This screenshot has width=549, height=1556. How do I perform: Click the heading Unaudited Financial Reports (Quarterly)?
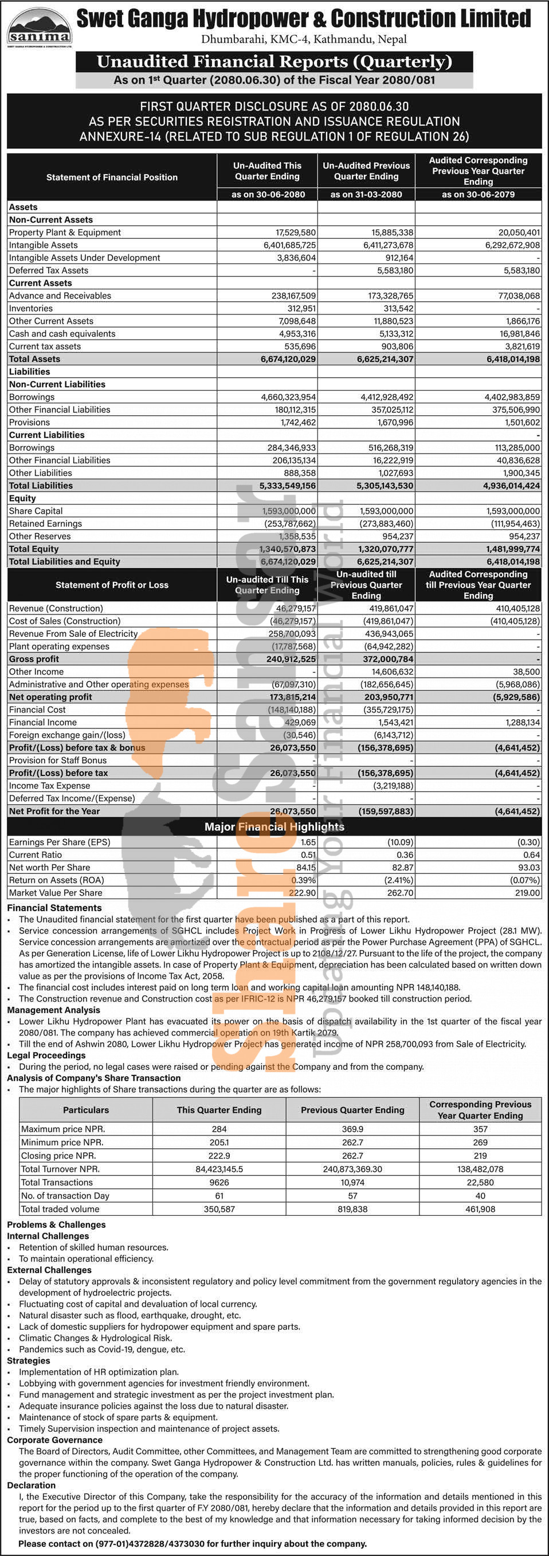(x=274, y=62)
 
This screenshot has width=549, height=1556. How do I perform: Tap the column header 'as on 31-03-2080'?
(x=366, y=195)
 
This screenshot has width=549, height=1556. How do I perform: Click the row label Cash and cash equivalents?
(x=62, y=333)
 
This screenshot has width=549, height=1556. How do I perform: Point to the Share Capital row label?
(x=36, y=511)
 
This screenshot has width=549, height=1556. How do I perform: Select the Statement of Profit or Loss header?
(x=112, y=585)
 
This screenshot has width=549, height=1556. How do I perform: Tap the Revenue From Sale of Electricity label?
(x=73, y=633)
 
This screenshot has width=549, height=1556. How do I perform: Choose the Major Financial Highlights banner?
(x=274, y=826)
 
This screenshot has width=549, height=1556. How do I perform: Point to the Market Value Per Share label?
(x=56, y=893)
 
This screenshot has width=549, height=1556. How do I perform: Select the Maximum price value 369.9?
(x=352, y=1129)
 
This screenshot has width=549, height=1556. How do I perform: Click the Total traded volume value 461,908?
(x=480, y=1209)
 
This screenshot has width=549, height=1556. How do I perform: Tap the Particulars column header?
(x=86, y=1110)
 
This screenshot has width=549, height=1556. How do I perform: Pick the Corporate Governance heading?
(x=54, y=1440)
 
